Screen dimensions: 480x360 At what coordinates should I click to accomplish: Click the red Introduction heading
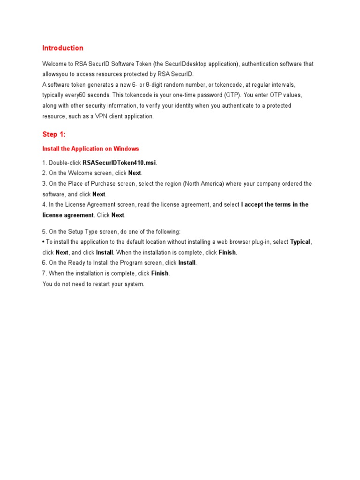(x=63, y=48)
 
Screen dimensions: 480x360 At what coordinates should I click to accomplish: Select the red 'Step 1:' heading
(x=54, y=135)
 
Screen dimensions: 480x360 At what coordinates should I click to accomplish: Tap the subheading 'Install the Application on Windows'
(x=90, y=149)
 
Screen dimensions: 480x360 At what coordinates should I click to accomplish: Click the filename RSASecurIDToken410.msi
(x=120, y=163)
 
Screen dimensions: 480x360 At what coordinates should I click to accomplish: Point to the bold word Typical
(x=300, y=242)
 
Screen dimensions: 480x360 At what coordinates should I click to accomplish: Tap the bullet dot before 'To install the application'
(x=44, y=242)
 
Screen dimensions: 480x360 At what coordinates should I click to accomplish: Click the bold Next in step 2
(x=135, y=173)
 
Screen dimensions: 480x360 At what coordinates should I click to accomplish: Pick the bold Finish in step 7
(x=160, y=273)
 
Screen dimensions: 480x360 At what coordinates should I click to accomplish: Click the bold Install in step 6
(x=187, y=263)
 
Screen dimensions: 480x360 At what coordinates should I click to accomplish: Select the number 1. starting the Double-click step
(x=45, y=163)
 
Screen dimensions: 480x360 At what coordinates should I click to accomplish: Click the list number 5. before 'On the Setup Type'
(x=45, y=232)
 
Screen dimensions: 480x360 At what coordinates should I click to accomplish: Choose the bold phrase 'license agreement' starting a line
(x=68, y=215)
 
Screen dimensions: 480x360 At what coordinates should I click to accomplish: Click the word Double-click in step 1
(x=65, y=163)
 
